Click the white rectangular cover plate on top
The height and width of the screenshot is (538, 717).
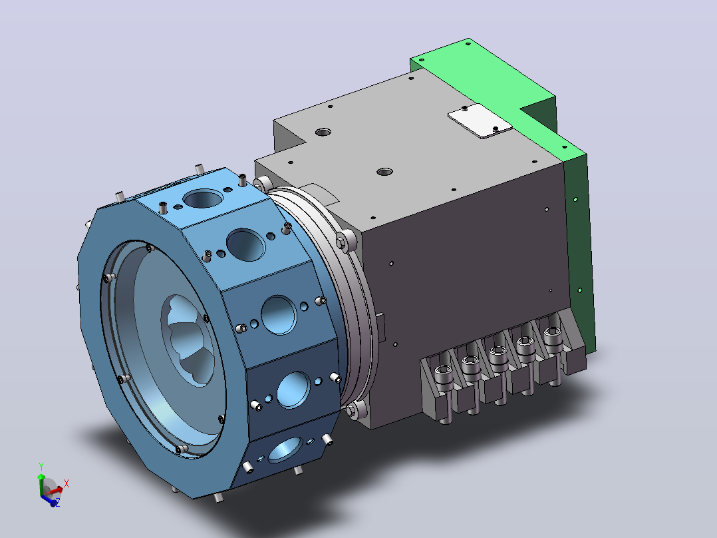(x=480, y=121)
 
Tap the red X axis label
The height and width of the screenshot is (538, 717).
(x=67, y=483)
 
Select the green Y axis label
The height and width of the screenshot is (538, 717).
(x=41, y=467)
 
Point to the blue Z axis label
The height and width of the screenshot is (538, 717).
(x=58, y=502)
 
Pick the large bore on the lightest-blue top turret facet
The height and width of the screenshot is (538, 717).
(x=203, y=199)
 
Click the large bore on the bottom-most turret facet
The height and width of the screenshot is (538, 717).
(x=285, y=449)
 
